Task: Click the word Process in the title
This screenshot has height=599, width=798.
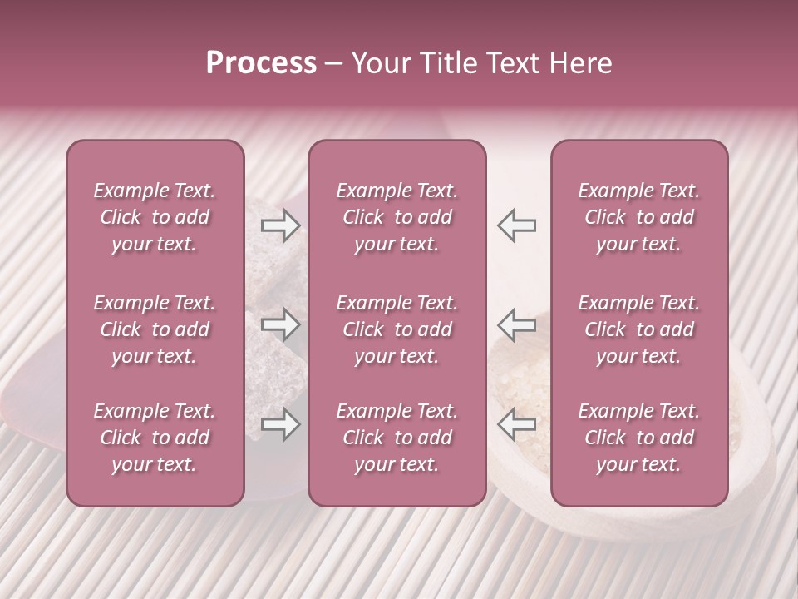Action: pos(261,63)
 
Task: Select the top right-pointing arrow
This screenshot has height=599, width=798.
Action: pos(281,225)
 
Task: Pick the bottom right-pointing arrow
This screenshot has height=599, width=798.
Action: pos(281,424)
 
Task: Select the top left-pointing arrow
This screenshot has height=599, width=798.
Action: pos(516,225)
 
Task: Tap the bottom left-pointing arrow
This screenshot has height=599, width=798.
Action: pos(516,424)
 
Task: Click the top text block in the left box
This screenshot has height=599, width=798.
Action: pos(155,217)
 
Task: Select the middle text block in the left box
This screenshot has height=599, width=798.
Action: pos(155,329)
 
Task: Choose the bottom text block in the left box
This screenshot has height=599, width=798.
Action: pos(155,438)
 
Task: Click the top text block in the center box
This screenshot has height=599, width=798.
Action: pos(397,217)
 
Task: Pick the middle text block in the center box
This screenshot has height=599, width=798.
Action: pos(397,329)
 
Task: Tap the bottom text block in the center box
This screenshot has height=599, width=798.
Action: pos(397,438)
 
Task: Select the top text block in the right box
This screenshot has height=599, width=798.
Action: pos(639,217)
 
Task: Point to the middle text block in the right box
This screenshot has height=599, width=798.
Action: pos(639,329)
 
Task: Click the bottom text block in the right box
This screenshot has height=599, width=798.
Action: pos(639,438)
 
